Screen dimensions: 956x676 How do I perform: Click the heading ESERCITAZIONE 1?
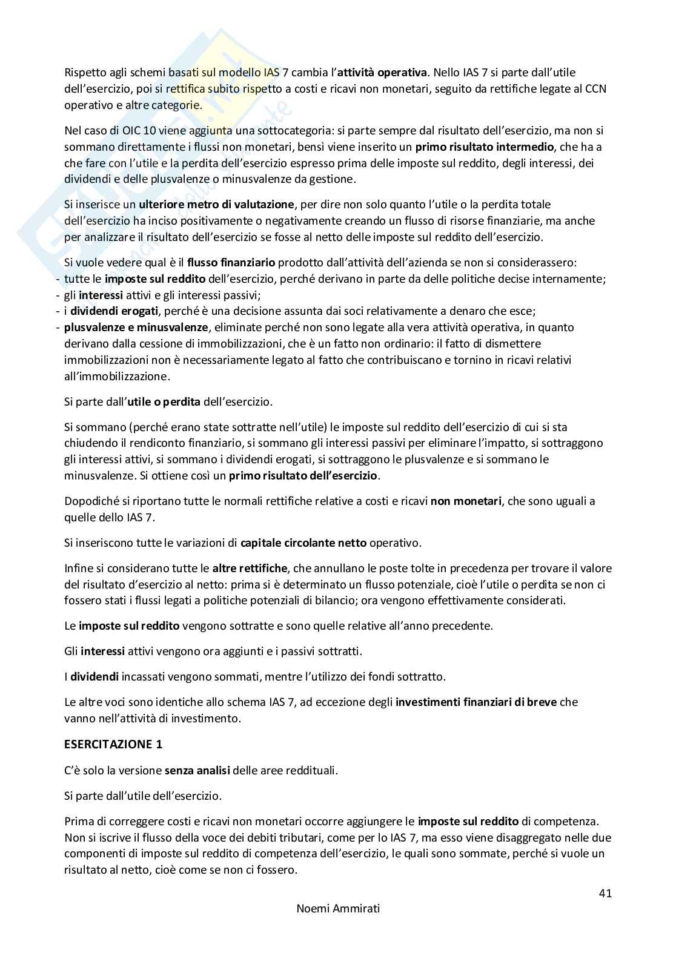[113, 745]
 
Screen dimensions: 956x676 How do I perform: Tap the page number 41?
[605, 893]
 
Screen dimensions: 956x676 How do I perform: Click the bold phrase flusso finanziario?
[231, 263]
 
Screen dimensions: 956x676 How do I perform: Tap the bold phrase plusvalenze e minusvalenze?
[136, 328]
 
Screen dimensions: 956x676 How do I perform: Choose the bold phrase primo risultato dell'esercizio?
[303, 476]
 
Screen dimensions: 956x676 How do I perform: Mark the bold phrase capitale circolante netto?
[303, 542]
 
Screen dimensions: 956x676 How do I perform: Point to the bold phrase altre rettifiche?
[250, 569]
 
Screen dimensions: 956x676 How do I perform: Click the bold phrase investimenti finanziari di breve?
[476, 702]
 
